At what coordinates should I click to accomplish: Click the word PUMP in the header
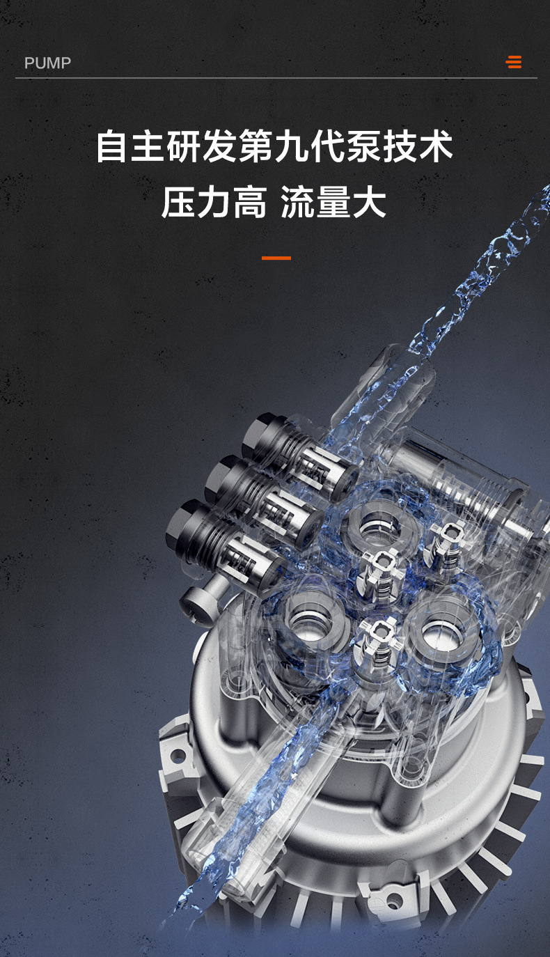click(x=47, y=63)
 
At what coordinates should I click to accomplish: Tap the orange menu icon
click(x=513, y=62)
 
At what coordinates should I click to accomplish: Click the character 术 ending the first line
click(x=436, y=146)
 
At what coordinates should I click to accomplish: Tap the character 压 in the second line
click(x=178, y=202)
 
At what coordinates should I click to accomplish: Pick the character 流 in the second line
click(x=298, y=202)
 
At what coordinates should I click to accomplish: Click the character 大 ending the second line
click(x=369, y=202)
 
